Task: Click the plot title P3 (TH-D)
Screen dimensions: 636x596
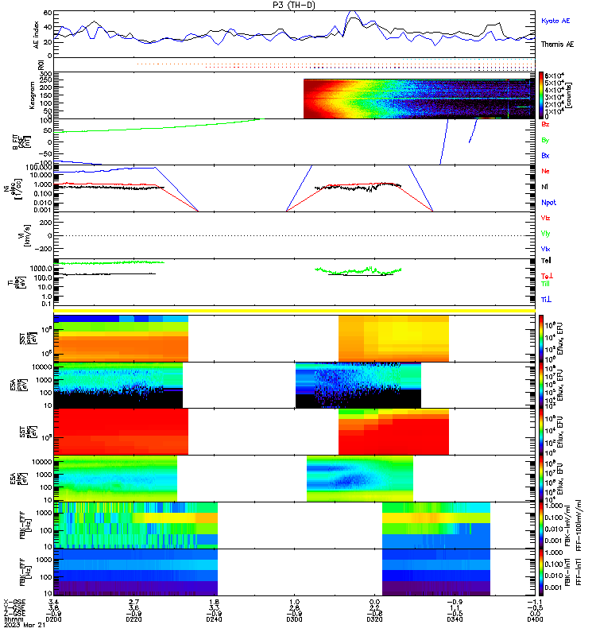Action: (293, 5)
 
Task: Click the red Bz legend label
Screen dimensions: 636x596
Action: (545, 125)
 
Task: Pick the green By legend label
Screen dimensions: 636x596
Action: (545, 140)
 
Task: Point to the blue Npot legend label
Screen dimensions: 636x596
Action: (549, 204)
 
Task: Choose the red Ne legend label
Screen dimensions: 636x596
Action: (545, 172)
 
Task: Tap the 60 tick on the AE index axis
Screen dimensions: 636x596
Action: (48, 14)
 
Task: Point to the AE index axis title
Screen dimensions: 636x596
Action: (36, 34)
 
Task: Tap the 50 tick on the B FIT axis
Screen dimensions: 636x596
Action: (47, 131)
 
